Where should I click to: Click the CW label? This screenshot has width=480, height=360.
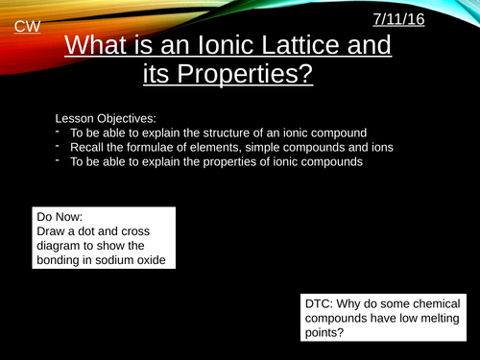(26, 28)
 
